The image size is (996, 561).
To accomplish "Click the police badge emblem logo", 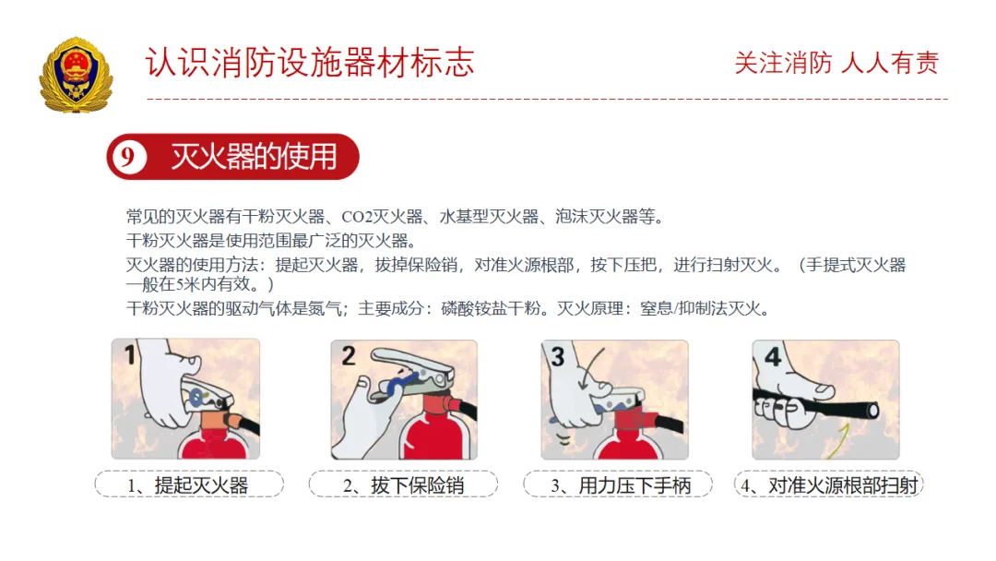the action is [77, 75].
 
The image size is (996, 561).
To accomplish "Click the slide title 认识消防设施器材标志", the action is [310, 62].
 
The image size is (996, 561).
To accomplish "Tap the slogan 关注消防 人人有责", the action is [836, 63].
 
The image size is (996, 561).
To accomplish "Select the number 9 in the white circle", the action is [127, 156].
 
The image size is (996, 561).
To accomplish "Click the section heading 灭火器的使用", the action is [254, 156].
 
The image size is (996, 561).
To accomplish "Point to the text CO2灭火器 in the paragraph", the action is [383, 217].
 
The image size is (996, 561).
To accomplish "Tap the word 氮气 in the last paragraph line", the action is [325, 309].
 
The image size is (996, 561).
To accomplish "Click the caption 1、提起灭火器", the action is [188, 486].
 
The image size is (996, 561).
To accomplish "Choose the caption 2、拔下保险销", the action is [403, 486].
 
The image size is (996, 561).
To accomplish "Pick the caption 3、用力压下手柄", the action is [620, 486].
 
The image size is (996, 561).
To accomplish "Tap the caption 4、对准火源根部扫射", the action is [829, 486].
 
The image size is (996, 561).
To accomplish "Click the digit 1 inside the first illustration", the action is [130, 354].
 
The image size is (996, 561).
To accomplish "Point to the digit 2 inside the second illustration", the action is [348, 356].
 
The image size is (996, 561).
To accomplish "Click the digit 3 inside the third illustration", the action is [558, 356].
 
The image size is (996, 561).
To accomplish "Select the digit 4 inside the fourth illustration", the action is [773, 356].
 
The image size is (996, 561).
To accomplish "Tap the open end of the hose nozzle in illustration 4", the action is [872, 411].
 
